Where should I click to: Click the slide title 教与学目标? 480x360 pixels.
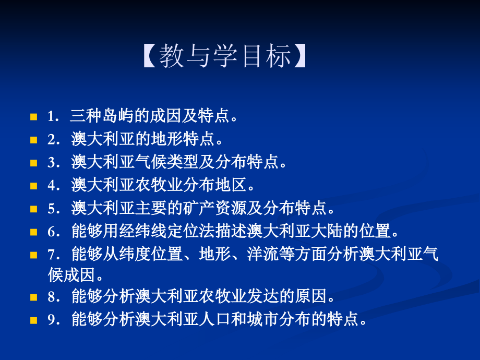coord(225,56)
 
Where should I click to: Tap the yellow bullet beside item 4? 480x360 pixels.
coord(34,186)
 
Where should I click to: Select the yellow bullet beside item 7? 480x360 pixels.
coord(34,255)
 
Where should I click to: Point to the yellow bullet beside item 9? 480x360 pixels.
coord(34,320)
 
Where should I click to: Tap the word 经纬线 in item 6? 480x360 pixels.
coord(152,232)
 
